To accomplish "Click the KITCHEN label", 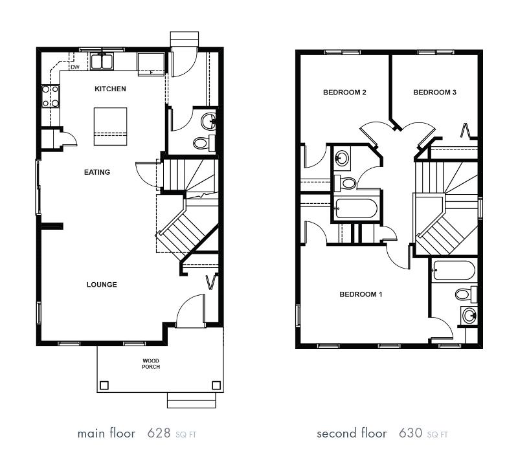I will point(110,89).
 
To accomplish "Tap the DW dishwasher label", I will point(74,67).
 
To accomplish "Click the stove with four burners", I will point(51,96).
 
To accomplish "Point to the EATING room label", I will point(97,172).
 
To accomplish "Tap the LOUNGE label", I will point(102,285).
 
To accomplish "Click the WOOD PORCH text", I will point(151,364).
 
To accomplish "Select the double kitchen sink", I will point(102,62).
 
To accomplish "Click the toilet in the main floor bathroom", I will point(201,143).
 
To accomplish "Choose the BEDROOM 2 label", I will point(344,93).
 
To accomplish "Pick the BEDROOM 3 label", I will point(434,93).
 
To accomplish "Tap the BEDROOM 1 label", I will point(361,294).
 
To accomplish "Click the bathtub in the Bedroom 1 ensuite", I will point(453,270).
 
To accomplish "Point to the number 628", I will point(158,433).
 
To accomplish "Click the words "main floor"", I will point(106,433).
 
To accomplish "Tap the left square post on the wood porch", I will point(104,385).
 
